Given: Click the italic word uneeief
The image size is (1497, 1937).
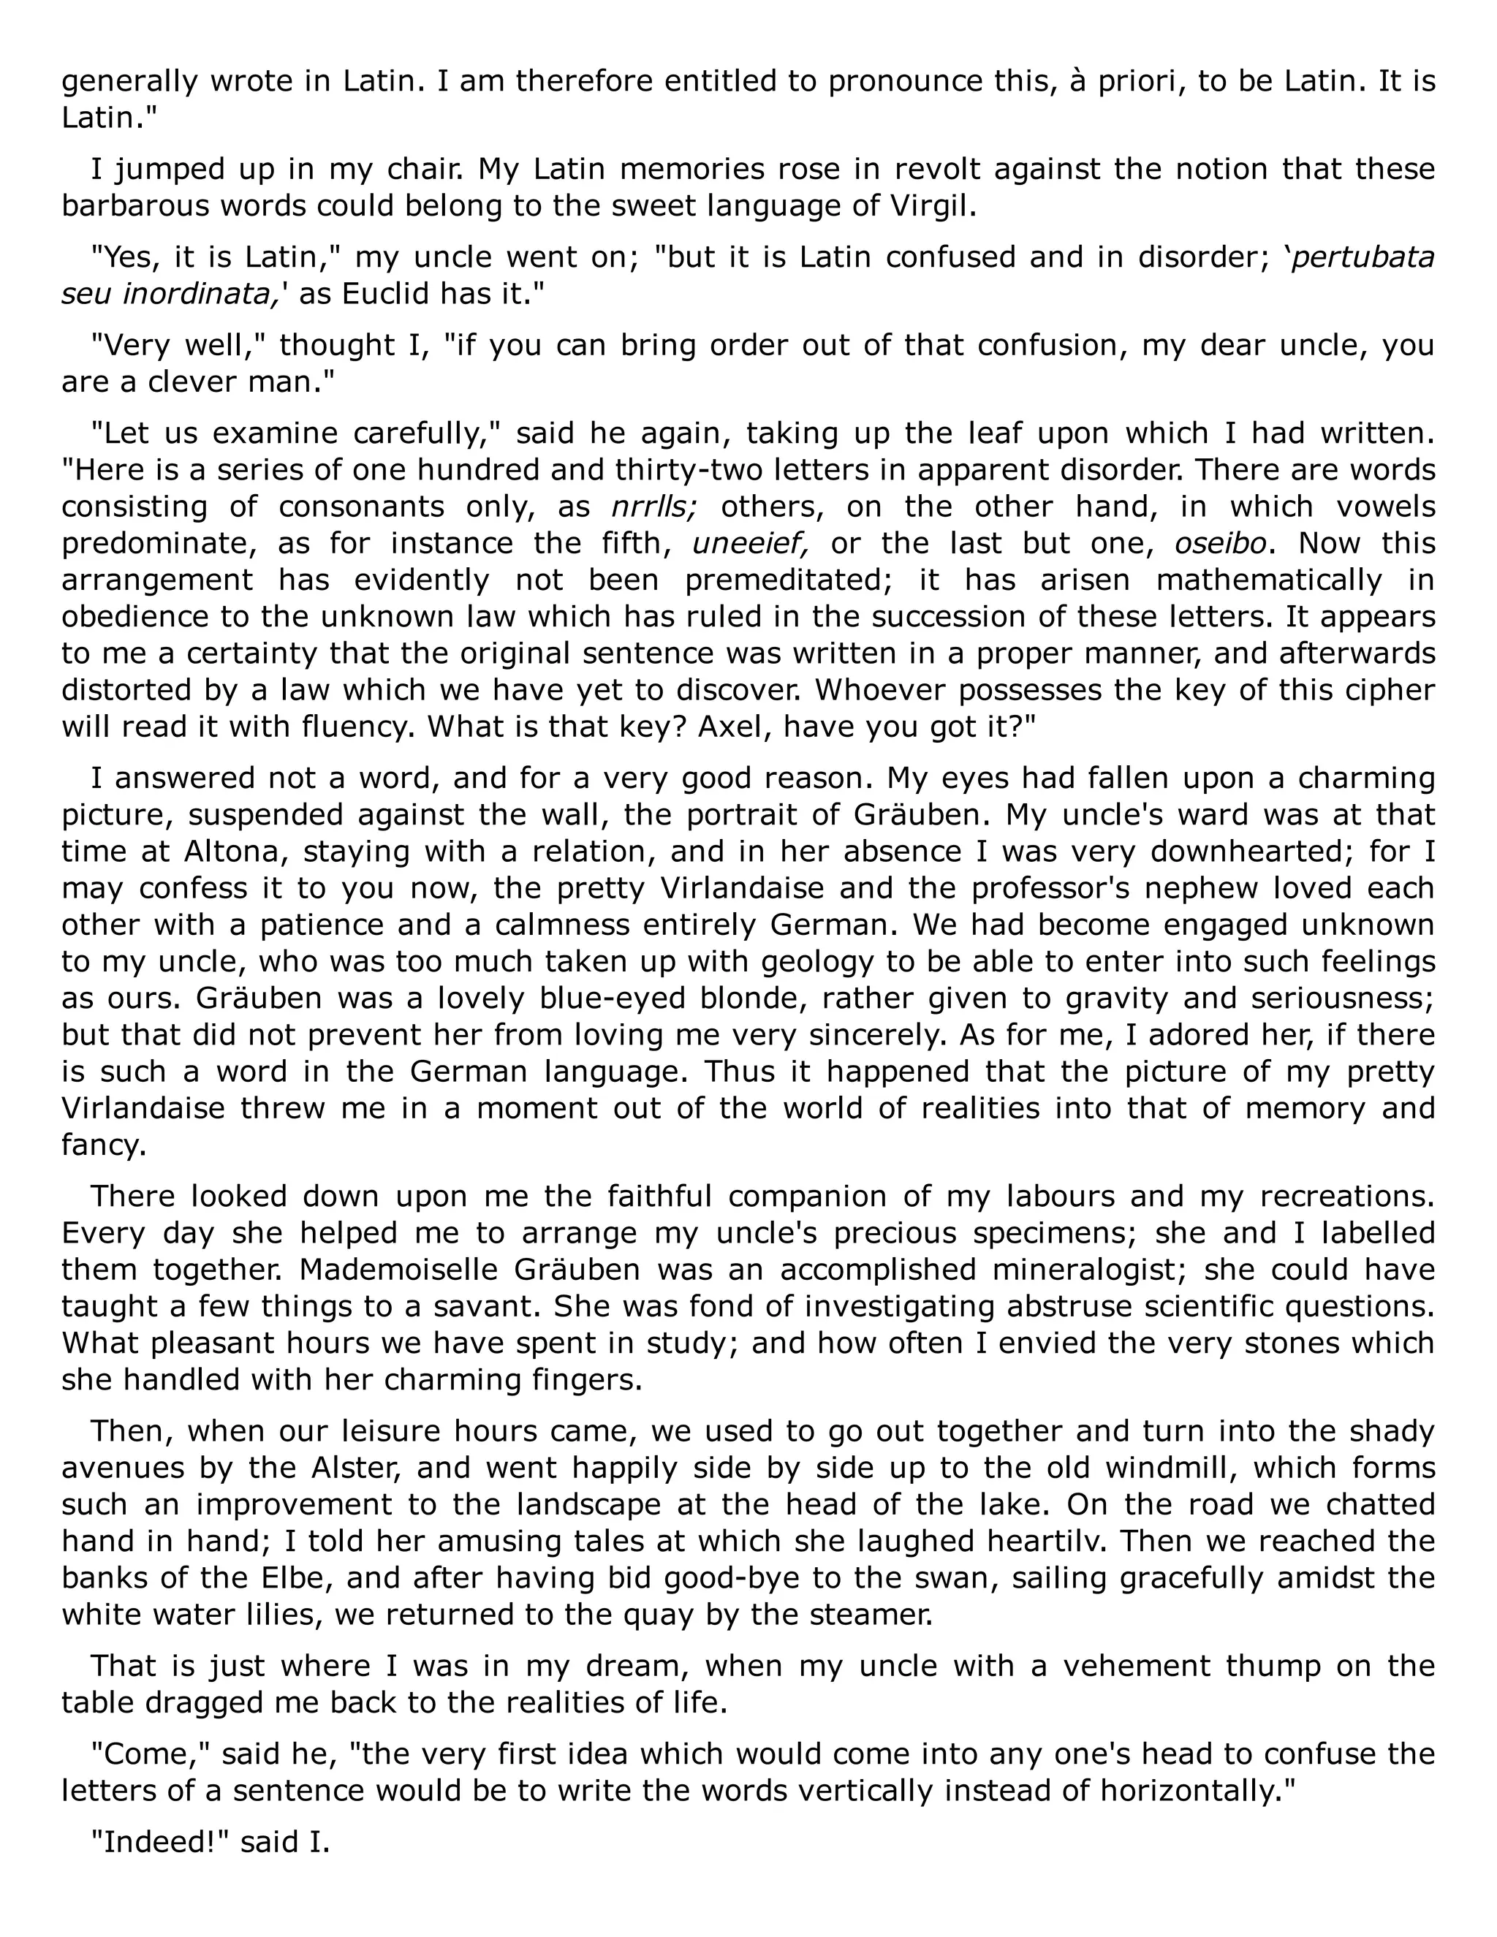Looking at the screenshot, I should [x=749, y=543].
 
